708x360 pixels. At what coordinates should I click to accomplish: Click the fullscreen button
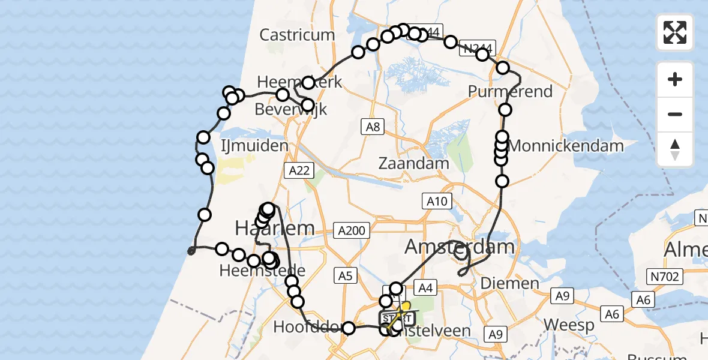[675, 32]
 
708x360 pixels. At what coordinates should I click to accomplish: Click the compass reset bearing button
[675, 149]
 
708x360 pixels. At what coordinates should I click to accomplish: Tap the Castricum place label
[297, 35]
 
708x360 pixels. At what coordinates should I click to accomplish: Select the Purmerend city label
[511, 92]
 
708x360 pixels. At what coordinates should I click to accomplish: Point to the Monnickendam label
[565, 145]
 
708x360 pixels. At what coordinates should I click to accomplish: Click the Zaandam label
[414, 163]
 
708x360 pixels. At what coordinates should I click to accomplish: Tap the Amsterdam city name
[460, 246]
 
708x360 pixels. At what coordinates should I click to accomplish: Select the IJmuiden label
[254, 146]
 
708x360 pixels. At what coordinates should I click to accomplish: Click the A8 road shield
[373, 126]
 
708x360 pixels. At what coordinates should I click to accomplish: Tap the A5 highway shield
[345, 276]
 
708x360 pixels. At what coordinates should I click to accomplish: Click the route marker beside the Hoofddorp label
[349, 328]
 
